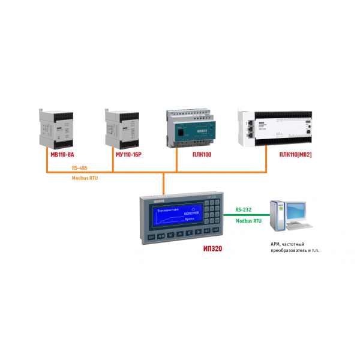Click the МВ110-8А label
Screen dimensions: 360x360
click(62, 154)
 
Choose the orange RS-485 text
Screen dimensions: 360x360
click(79, 168)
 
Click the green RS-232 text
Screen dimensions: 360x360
click(244, 210)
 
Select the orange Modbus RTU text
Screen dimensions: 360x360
click(85, 179)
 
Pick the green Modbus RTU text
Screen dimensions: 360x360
click(248, 220)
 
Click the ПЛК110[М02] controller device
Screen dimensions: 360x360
click(276, 127)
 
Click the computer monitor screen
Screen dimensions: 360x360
click(298, 212)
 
